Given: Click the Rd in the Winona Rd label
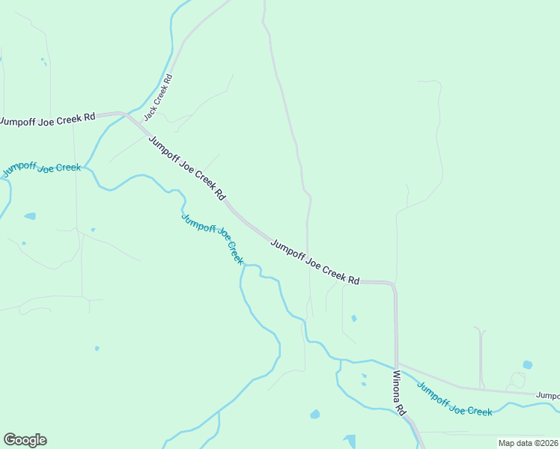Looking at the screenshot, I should pyautogui.click(x=401, y=410).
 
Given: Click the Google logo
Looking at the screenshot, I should pyautogui.click(x=25, y=440).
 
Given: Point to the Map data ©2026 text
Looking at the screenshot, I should pyautogui.click(x=528, y=443).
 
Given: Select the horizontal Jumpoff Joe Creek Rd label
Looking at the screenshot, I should pyautogui.click(x=48, y=118).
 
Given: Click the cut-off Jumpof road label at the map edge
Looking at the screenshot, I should pyautogui.click(x=547, y=394).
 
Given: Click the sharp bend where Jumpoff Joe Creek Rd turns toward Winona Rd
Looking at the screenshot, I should pyautogui.click(x=393, y=284).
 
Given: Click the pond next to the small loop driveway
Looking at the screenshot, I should pyautogui.click(x=528, y=365).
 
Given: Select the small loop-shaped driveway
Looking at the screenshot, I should pyautogui.click(x=517, y=379).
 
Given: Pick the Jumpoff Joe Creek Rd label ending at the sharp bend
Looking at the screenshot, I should pyautogui.click(x=314, y=262).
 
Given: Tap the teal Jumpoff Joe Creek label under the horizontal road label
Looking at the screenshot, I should pyautogui.click(x=41, y=169).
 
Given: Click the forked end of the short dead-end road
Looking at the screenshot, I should pyautogui.click(x=479, y=330).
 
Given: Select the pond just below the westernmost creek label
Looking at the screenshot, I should pyautogui.click(x=30, y=216).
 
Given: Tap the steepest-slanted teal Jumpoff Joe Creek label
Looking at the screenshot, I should pyautogui.click(x=213, y=238).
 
